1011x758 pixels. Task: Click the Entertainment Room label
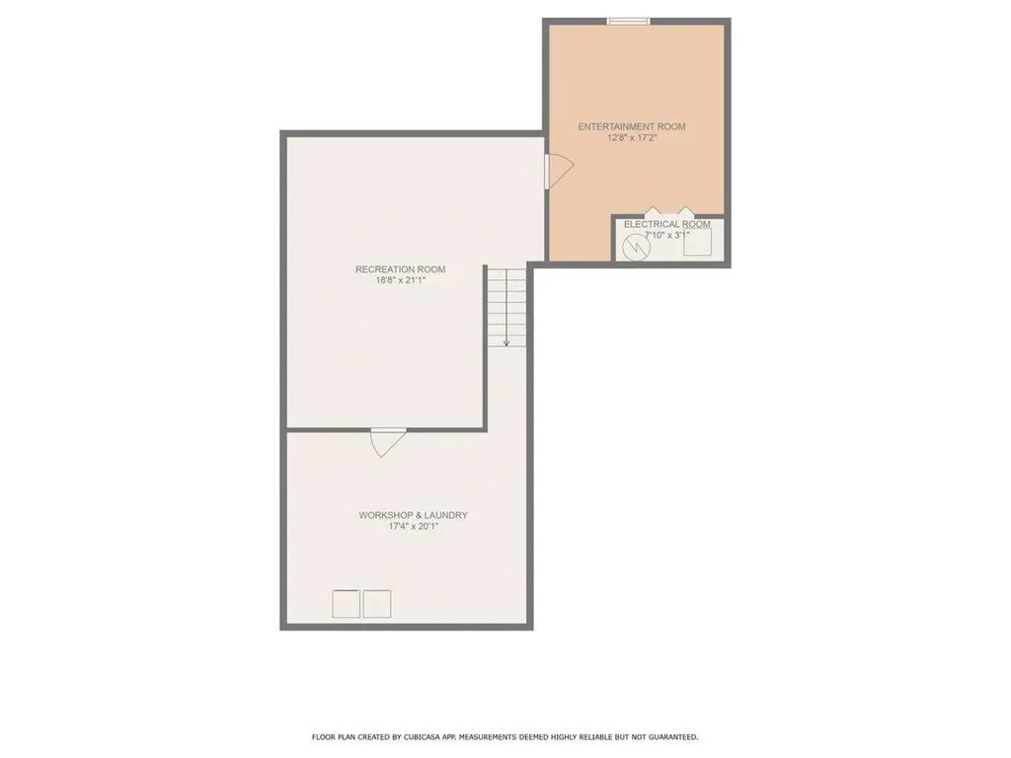[x=631, y=126]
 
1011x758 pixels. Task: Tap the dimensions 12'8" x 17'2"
[x=632, y=138]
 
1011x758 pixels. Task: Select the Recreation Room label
[x=400, y=269]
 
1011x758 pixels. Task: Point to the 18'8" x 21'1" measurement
[x=400, y=280]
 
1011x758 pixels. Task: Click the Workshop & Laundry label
[x=413, y=515]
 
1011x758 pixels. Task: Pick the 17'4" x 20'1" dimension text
[x=413, y=526]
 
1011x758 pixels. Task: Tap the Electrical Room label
[x=666, y=224]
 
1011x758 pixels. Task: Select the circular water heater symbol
[x=637, y=248]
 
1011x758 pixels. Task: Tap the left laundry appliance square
[x=346, y=603]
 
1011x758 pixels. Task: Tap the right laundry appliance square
[x=377, y=603]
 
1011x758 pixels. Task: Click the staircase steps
[x=505, y=301]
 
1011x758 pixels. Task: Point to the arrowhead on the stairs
[x=505, y=342]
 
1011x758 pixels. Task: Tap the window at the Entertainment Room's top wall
[x=628, y=21]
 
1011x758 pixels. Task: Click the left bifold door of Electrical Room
[x=653, y=212]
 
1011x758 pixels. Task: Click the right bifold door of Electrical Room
[x=683, y=212]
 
